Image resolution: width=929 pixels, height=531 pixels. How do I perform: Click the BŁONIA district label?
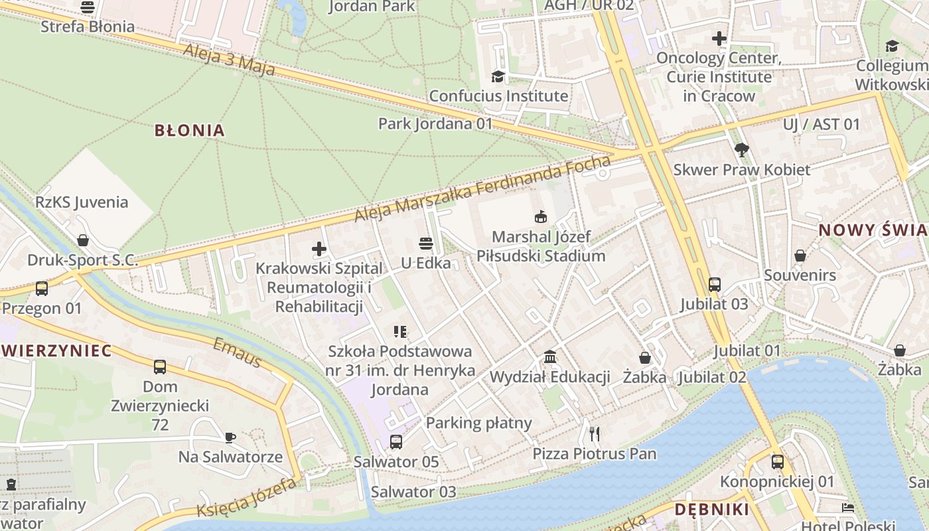point(189,130)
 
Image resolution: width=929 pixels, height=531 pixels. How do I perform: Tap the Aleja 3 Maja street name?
point(229,60)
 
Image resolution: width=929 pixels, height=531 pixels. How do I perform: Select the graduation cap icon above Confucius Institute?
point(498,76)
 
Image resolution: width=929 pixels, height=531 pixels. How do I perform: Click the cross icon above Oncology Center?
point(719,38)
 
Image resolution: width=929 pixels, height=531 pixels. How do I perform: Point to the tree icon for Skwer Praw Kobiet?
point(742,150)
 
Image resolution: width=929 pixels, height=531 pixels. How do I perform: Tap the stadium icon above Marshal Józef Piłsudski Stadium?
point(541,216)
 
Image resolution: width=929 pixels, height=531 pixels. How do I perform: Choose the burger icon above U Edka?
point(425,244)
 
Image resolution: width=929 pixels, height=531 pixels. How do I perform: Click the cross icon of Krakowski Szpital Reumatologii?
point(319,249)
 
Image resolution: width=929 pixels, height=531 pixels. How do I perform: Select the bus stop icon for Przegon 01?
point(41,289)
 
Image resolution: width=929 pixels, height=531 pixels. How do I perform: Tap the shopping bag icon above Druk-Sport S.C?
point(83,240)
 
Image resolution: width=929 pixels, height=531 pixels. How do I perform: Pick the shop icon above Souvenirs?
point(800,256)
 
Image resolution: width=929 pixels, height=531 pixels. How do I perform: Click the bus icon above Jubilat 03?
point(714,284)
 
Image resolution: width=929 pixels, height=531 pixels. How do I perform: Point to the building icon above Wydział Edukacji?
point(549,357)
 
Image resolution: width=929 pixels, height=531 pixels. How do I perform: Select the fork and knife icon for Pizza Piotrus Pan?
point(595,434)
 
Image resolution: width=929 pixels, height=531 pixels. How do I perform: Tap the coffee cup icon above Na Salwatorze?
point(230,437)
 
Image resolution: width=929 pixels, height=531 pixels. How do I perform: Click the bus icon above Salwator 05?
point(395,441)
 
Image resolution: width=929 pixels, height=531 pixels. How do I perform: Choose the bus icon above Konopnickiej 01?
point(777,462)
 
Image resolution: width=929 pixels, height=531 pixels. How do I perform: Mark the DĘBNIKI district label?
point(711,510)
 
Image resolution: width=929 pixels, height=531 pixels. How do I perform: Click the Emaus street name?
point(237,352)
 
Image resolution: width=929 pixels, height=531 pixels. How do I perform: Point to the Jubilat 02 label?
point(712,377)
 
